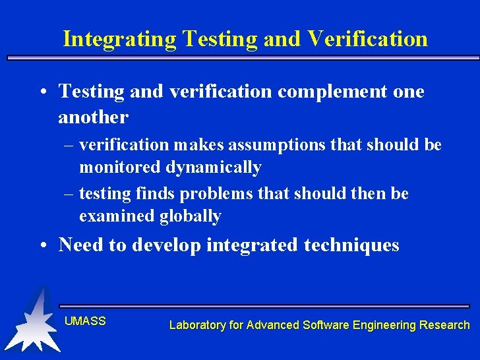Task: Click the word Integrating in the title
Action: point(119,39)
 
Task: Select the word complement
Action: point(332,92)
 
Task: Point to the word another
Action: point(93,117)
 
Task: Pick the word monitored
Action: point(120,167)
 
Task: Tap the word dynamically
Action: point(213,167)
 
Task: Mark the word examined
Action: point(117,216)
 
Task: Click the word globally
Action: point(190,216)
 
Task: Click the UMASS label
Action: point(85,321)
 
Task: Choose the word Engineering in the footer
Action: point(384,324)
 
